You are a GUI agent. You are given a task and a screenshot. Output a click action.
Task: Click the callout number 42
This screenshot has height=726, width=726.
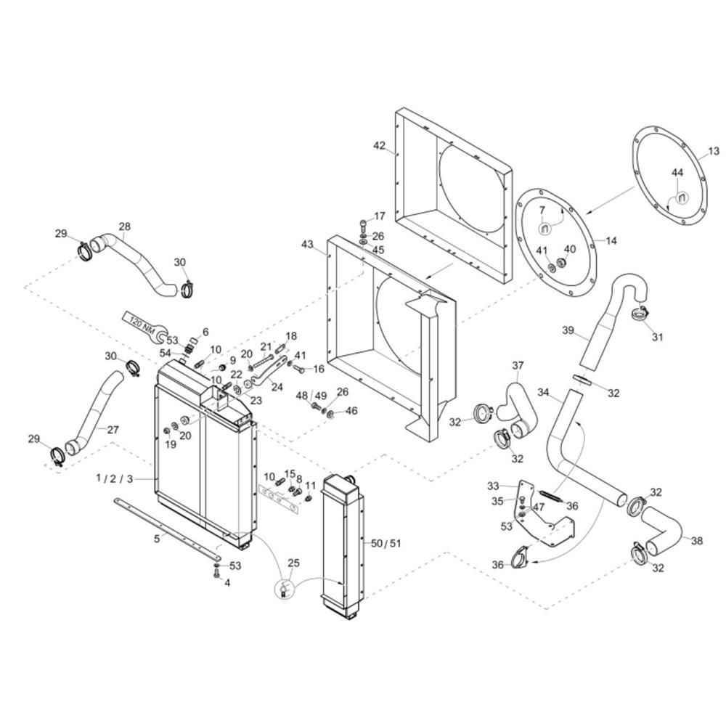(x=380, y=145)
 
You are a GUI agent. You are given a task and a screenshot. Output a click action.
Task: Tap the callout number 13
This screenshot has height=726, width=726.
(x=714, y=151)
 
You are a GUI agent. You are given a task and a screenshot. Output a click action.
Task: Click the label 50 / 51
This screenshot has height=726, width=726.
(x=386, y=543)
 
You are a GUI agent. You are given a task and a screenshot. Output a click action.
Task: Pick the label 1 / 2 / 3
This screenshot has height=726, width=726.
(x=115, y=478)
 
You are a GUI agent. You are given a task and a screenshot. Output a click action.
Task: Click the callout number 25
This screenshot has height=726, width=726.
(x=293, y=563)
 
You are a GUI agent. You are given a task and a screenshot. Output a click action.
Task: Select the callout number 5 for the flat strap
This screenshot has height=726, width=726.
(x=156, y=539)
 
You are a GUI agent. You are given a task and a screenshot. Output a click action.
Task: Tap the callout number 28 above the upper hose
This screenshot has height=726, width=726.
(x=124, y=227)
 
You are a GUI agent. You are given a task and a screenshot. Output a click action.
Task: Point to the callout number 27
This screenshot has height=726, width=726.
(x=113, y=429)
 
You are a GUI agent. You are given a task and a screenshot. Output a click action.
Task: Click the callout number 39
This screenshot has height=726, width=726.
(x=568, y=331)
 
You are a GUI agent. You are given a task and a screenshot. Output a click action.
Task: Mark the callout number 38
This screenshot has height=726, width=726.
(x=696, y=540)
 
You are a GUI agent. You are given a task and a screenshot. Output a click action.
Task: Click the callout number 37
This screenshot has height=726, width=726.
(x=518, y=364)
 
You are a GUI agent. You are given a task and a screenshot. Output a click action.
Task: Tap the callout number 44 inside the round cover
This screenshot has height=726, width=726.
(x=677, y=173)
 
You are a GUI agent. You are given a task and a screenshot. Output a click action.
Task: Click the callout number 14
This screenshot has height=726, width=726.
(x=611, y=240)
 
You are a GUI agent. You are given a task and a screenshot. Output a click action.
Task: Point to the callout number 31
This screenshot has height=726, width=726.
(x=657, y=337)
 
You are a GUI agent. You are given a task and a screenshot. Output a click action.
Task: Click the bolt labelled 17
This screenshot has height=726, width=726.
(x=363, y=223)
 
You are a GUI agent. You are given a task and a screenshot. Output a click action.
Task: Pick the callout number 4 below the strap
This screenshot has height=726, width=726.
(x=227, y=582)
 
